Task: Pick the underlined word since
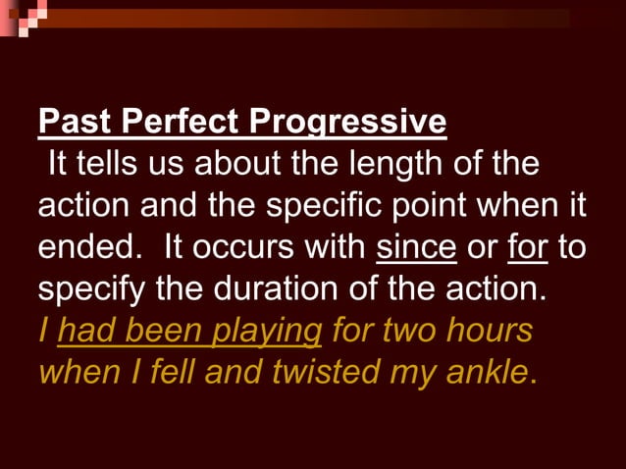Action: [x=416, y=248]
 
